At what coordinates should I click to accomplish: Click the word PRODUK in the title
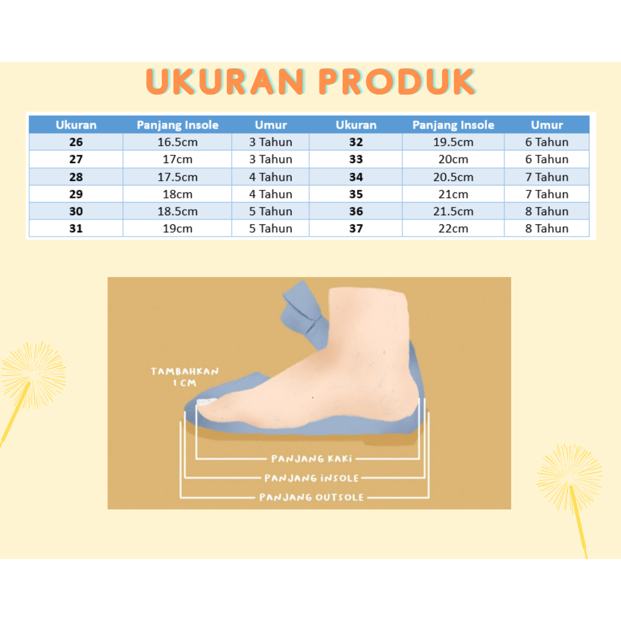(397, 82)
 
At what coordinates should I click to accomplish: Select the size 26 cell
(76, 142)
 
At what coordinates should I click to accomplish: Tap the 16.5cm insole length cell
(178, 142)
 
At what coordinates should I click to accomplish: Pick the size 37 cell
(355, 229)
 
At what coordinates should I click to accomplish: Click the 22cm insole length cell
(453, 229)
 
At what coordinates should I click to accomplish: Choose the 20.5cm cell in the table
(453, 176)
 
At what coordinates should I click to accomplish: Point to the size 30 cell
(76, 211)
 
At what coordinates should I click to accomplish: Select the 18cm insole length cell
(178, 194)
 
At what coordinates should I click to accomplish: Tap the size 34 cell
(355, 176)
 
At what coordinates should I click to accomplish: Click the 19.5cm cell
(453, 142)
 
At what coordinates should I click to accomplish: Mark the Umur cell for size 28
(270, 176)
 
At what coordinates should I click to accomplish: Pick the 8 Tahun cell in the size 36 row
(546, 211)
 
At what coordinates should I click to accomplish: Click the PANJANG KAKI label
(312, 458)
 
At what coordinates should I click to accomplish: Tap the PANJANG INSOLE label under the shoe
(311, 478)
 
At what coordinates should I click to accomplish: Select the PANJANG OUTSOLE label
(311, 497)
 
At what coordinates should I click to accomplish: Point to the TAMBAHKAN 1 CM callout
(184, 377)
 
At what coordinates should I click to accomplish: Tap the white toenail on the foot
(206, 402)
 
